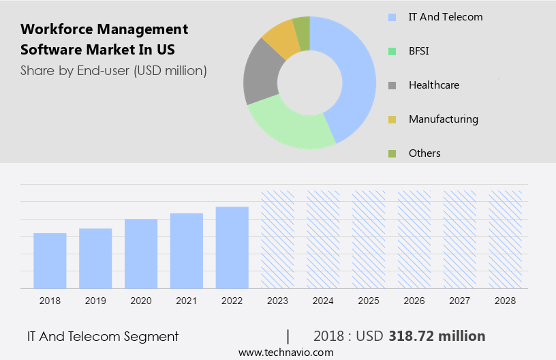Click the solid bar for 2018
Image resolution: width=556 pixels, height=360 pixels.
click(x=50, y=260)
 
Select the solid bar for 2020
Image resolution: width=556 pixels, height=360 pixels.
click(x=141, y=254)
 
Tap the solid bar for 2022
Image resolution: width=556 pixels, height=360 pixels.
click(x=232, y=247)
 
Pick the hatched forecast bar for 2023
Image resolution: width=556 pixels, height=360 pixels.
click(x=277, y=239)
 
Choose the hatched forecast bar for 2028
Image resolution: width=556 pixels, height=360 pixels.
click(x=506, y=239)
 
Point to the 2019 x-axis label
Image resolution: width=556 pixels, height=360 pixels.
click(x=95, y=301)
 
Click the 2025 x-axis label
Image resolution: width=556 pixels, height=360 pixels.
click(x=369, y=301)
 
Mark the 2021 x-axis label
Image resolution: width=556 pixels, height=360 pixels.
click(x=187, y=301)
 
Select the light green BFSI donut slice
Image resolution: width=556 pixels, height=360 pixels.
click(x=286, y=124)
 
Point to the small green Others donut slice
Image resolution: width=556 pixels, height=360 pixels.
click(x=301, y=27)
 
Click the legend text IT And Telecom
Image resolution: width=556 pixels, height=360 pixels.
click(x=445, y=17)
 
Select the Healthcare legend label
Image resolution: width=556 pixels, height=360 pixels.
click(x=433, y=85)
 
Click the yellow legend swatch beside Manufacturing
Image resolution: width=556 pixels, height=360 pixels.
click(x=392, y=119)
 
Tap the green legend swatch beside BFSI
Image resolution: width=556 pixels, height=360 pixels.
click(x=392, y=51)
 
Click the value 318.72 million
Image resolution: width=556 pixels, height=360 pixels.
click(x=437, y=336)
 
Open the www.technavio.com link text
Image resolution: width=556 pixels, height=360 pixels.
click(x=285, y=352)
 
